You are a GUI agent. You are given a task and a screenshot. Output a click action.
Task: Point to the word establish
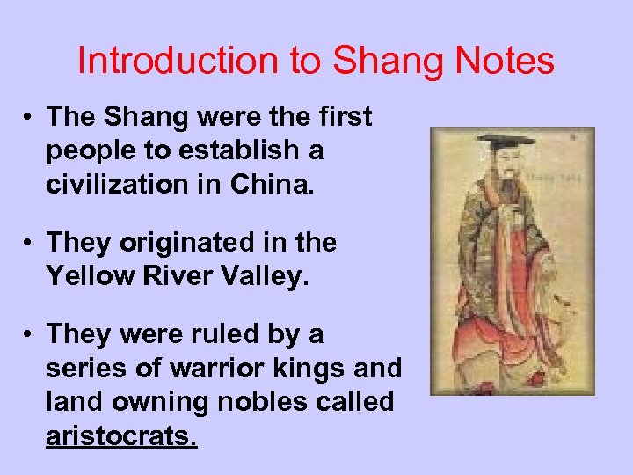pyautogui.click(x=233, y=150)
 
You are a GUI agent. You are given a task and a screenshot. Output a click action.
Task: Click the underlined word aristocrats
pyautogui.click(x=121, y=435)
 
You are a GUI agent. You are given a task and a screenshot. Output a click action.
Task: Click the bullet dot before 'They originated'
pyautogui.click(x=29, y=242)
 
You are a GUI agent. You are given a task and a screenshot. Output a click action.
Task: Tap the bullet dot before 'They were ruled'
pyautogui.click(x=29, y=333)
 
